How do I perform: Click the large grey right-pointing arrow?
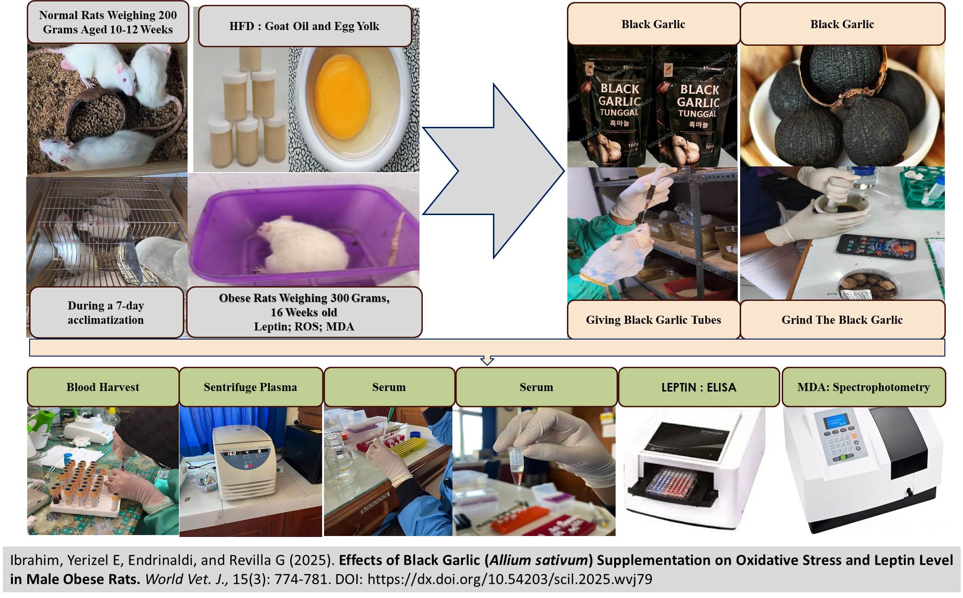click(496, 172)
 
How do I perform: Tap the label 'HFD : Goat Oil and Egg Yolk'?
click(304, 26)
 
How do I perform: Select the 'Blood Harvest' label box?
click(103, 387)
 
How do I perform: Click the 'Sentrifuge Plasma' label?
click(251, 387)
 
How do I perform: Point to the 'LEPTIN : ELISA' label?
click(699, 387)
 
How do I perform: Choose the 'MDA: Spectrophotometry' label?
click(863, 387)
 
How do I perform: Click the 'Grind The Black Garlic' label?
click(842, 320)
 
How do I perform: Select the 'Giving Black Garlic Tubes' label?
click(653, 320)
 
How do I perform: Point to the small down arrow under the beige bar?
click(487, 361)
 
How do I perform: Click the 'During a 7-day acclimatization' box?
click(106, 312)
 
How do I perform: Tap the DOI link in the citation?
click(510, 579)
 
